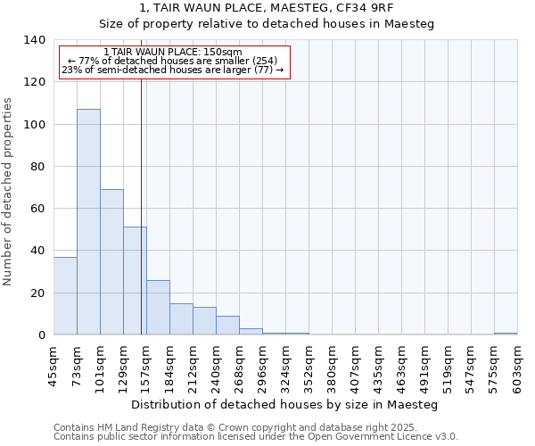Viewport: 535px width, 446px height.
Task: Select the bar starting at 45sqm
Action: (65, 295)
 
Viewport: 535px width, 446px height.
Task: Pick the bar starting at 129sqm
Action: (135, 280)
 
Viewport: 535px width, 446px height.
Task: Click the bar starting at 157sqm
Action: (158, 307)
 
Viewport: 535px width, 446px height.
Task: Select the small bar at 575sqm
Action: (506, 334)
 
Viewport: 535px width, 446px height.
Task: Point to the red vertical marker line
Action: (141, 205)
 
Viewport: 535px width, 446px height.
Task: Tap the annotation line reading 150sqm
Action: (172, 53)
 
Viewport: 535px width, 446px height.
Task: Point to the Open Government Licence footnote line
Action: (256, 437)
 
